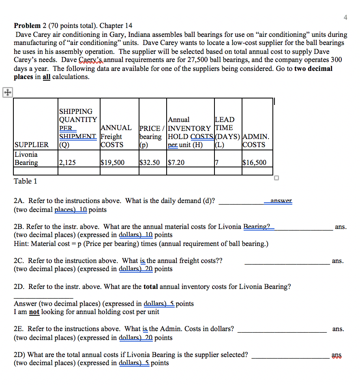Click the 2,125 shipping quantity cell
[67, 163]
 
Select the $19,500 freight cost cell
[112, 163]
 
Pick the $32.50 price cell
[150, 163]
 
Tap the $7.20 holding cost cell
[176, 163]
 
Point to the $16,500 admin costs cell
[254, 163]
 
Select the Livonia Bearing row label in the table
[26, 159]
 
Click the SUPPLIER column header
[32, 145]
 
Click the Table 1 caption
[25, 181]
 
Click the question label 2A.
[19, 201]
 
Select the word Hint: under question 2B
[21, 244]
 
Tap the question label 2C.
[19, 261]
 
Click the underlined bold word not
[34, 312]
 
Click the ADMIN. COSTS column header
[255, 141]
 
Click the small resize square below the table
[276, 178]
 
